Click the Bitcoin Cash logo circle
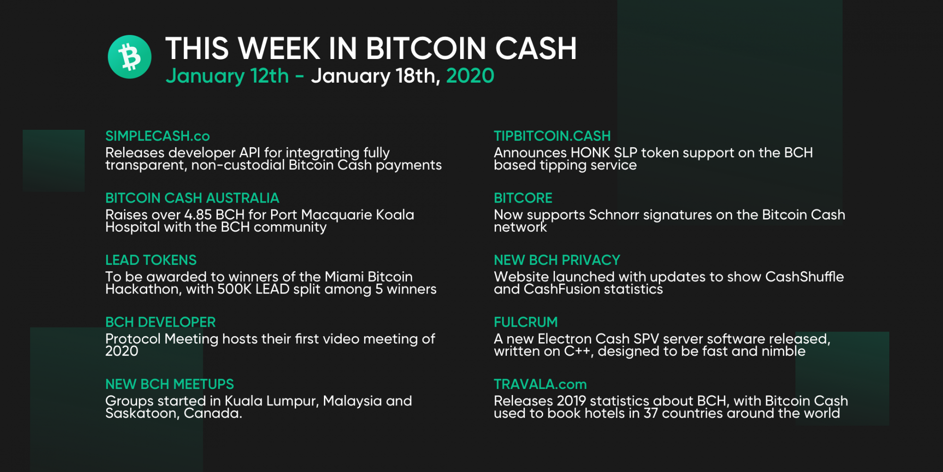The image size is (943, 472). (x=130, y=57)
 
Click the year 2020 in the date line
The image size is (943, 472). (x=470, y=76)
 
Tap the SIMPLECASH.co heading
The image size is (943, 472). (x=157, y=136)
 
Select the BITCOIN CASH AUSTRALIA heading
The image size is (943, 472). (x=192, y=198)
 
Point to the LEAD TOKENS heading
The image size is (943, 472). (x=151, y=260)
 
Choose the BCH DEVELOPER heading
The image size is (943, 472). (x=160, y=322)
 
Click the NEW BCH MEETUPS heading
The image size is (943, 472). (x=170, y=384)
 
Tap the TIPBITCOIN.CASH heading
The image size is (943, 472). (x=552, y=136)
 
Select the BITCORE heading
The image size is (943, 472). (x=523, y=198)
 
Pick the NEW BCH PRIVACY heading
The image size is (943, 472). (x=557, y=260)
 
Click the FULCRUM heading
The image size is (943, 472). (x=526, y=322)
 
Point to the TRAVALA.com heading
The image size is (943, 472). (x=540, y=384)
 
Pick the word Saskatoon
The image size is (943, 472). (x=141, y=413)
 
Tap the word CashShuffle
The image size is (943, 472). (x=804, y=277)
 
